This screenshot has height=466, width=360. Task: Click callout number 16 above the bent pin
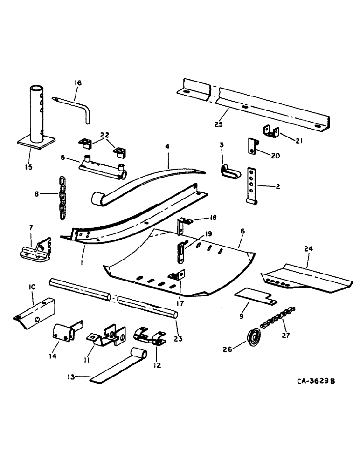click(x=77, y=83)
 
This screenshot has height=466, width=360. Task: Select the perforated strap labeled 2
click(x=253, y=184)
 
